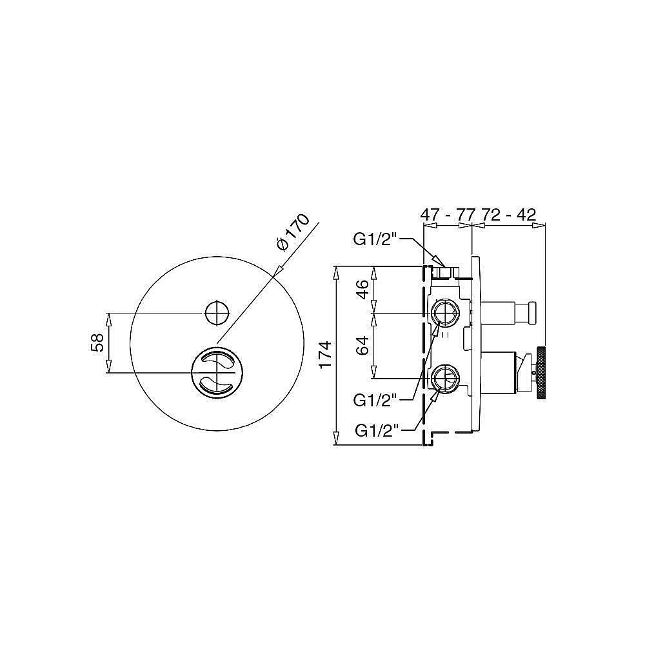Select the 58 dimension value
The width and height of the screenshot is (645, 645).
click(97, 342)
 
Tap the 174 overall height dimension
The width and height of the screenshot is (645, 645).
click(325, 355)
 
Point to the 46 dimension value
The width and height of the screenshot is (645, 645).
click(362, 290)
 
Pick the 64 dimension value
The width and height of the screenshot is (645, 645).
click(362, 346)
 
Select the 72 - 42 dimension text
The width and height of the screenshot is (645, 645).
click(509, 215)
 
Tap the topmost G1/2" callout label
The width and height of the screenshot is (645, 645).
click(375, 239)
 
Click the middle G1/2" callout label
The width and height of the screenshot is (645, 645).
click(375, 401)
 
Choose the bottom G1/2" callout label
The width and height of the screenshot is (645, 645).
click(377, 431)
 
